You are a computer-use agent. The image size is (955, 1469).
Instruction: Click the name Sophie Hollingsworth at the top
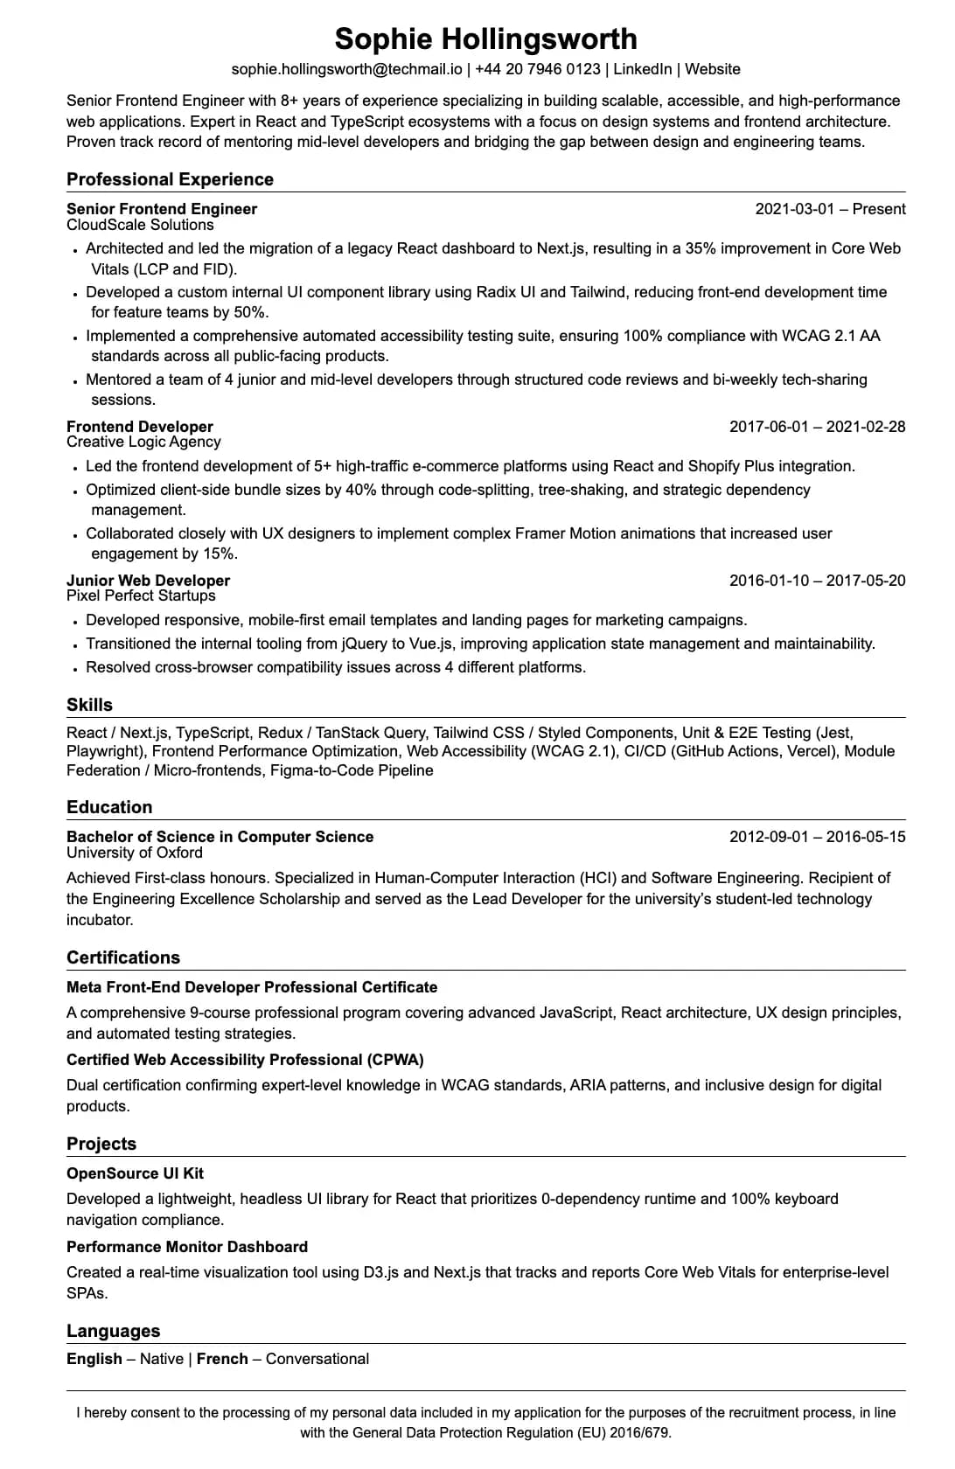(x=485, y=39)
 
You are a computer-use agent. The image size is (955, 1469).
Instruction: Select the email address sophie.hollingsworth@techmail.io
(x=346, y=69)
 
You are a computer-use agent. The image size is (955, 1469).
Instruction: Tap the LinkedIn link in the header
(x=643, y=69)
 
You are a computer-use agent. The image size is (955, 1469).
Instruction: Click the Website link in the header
(x=713, y=69)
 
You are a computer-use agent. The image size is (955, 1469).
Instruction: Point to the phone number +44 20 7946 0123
(x=538, y=69)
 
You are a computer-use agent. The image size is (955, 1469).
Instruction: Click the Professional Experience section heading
(x=170, y=179)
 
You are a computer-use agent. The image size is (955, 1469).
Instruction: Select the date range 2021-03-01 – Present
(x=830, y=209)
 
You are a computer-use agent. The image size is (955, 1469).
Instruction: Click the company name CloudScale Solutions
(x=140, y=225)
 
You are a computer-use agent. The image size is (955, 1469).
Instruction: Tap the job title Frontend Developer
(x=140, y=427)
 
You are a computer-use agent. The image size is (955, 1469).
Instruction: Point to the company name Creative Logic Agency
(x=143, y=442)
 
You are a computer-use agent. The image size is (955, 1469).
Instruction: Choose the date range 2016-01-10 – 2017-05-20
(x=817, y=581)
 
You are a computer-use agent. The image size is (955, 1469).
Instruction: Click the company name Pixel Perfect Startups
(x=141, y=596)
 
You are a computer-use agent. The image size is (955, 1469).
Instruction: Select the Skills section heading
(x=89, y=705)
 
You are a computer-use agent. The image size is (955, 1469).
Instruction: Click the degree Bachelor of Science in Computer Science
(x=220, y=837)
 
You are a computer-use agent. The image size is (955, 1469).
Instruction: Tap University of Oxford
(x=135, y=853)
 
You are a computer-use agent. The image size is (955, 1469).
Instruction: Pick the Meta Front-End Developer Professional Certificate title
(x=252, y=987)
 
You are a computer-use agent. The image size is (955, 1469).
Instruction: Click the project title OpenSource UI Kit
(x=135, y=1173)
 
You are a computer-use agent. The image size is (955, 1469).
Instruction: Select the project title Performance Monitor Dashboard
(x=187, y=1247)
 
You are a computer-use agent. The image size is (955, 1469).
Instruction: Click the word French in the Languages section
(x=222, y=1359)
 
